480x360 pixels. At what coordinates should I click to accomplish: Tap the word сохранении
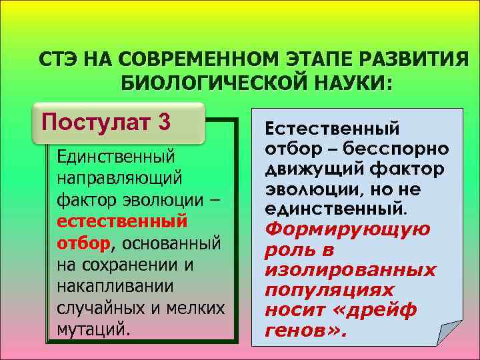pos(135,265)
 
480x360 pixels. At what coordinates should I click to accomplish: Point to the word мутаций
pos(91,329)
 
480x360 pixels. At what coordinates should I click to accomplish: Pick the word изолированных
pos(350,270)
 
